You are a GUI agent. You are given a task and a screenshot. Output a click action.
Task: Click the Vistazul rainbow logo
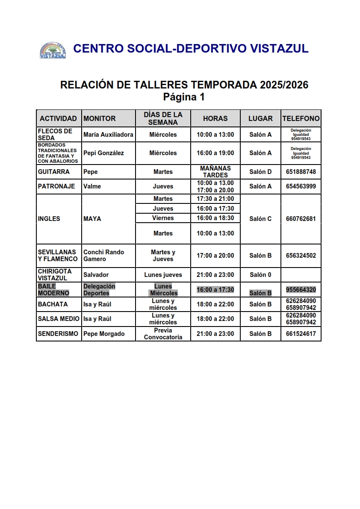click(x=53, y=50)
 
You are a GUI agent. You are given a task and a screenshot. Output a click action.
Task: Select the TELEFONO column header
click(x=301, y=118)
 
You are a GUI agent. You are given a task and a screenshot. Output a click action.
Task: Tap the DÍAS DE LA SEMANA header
click(x=163, y=118)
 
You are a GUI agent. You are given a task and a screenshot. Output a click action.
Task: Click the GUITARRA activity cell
click(x=53, y=172)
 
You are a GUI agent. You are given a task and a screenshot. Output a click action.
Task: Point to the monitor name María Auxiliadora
click(x=108, y=135)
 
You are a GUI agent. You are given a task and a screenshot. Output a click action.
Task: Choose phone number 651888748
click(x=301, y=172)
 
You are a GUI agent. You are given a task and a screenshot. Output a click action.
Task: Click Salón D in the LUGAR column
click(x=260, y=172)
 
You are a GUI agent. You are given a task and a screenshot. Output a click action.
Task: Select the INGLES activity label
click(x=49, y=219)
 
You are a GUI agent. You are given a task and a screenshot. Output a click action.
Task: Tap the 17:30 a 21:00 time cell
click(x=215, y=199)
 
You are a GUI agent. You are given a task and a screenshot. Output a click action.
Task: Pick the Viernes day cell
click(x=163, y=218)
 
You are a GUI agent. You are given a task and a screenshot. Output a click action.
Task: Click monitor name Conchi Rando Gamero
click(x=103, y=256)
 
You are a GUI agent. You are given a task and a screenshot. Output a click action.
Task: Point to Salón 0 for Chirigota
click(x=260, y=275)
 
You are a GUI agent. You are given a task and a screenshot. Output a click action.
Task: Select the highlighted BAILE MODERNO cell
click(x=53, y=290)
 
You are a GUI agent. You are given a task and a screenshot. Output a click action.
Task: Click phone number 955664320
click(x=301, y=290)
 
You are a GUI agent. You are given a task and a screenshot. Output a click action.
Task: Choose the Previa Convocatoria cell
click(x=163, y=334)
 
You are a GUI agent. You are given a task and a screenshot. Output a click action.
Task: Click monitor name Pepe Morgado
click(x=104, y=334)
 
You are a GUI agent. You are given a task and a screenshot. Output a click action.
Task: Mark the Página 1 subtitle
click(x=184, y=97)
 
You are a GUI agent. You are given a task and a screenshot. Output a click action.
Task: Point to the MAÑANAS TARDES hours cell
click(x=215, y=172)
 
